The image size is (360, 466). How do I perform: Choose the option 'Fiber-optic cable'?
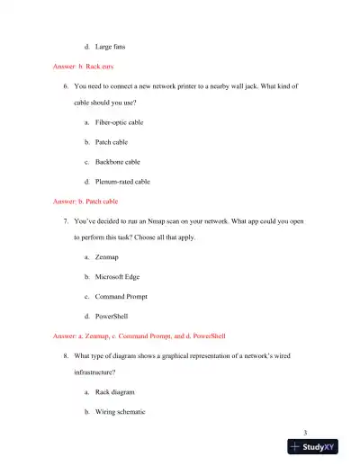pos(118,121)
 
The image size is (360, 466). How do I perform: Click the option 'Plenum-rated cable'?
pos(121,182)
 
